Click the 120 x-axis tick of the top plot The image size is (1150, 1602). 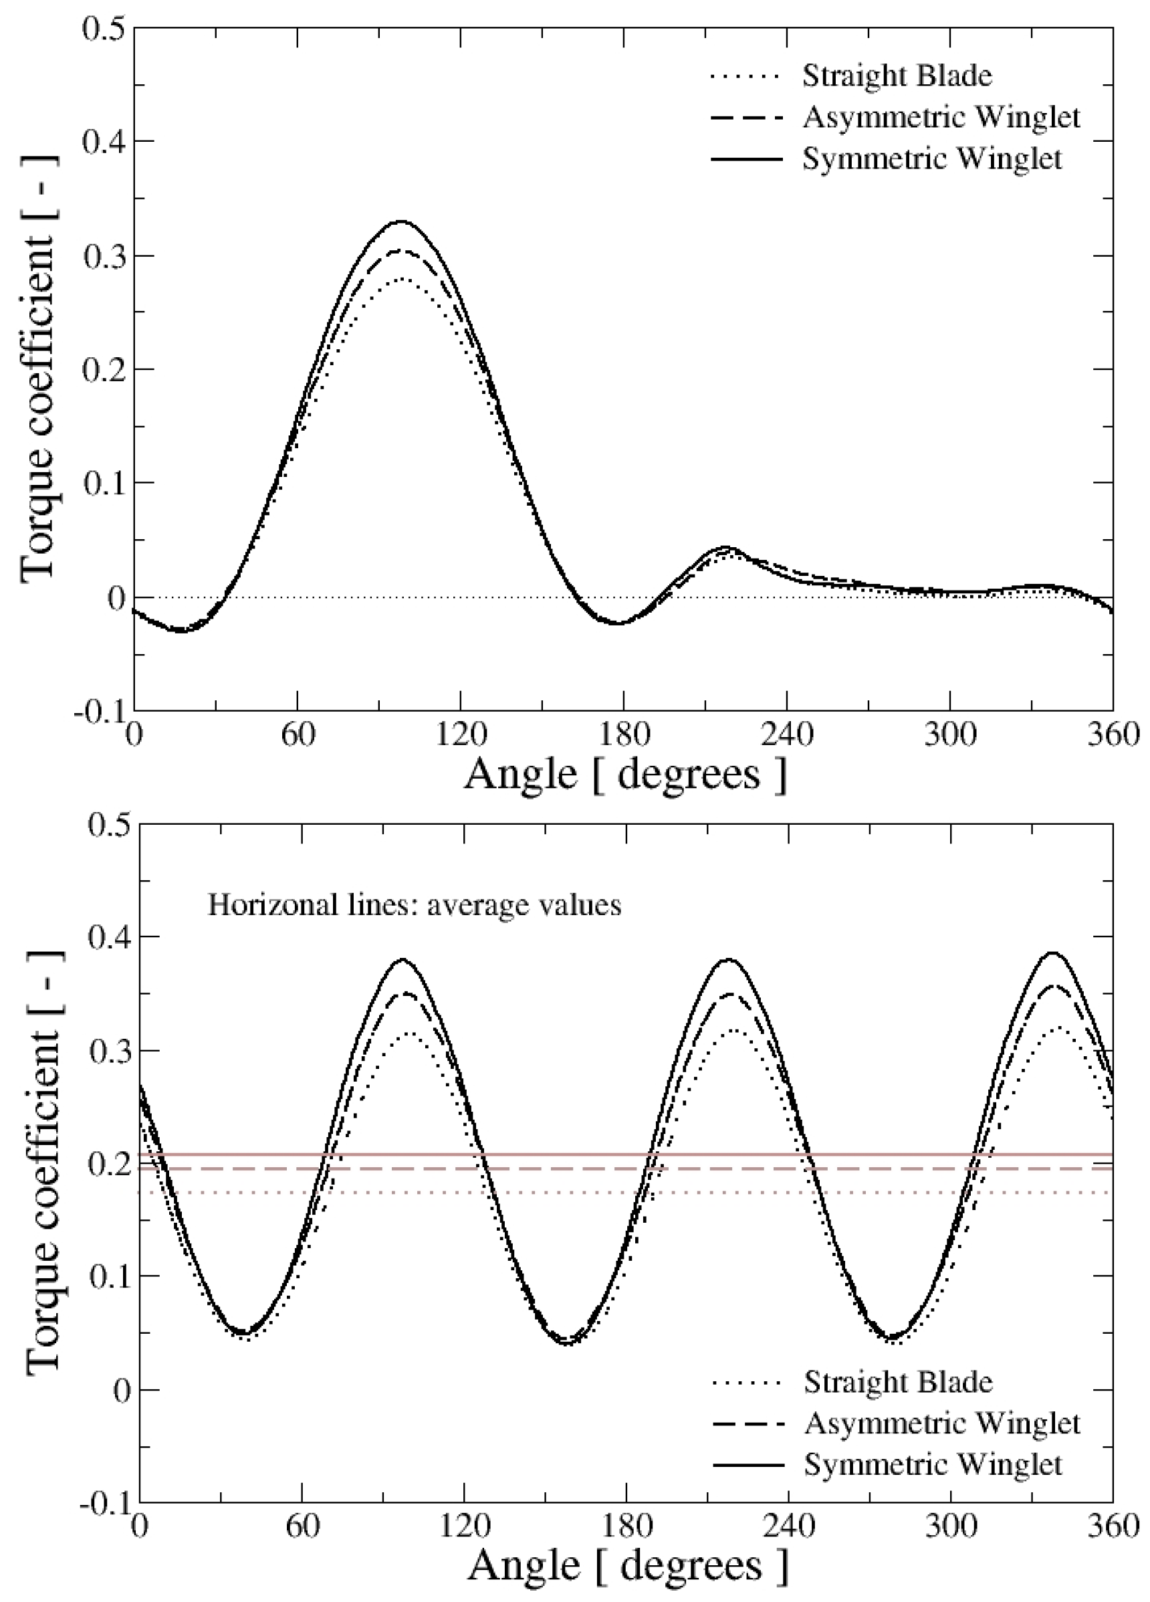(x=460, y=734)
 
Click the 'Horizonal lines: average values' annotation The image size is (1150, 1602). (x=415, y=905)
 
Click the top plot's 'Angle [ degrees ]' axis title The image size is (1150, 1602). (x=624, y=773)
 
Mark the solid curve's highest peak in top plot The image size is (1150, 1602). (x=401, y=221)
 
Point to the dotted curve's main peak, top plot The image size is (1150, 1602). (x=401, y=280)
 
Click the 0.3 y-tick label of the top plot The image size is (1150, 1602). (x=104, y=256)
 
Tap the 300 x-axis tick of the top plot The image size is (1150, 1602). (x=950, y=734)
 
